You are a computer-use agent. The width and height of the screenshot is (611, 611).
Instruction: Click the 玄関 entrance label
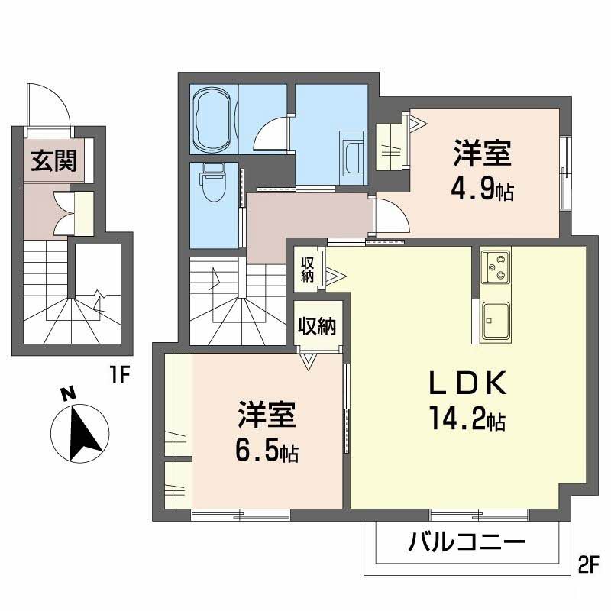(53, 160)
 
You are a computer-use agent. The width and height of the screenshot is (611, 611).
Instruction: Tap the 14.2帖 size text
(465, 419)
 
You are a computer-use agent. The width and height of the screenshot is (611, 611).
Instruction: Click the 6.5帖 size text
(267, 451)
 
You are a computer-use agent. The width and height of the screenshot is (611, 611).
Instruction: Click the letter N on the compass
(69, 394)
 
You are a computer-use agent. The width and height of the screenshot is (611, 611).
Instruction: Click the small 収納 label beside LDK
(308, 270)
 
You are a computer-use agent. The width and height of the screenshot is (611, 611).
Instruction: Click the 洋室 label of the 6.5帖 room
(266, 417)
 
